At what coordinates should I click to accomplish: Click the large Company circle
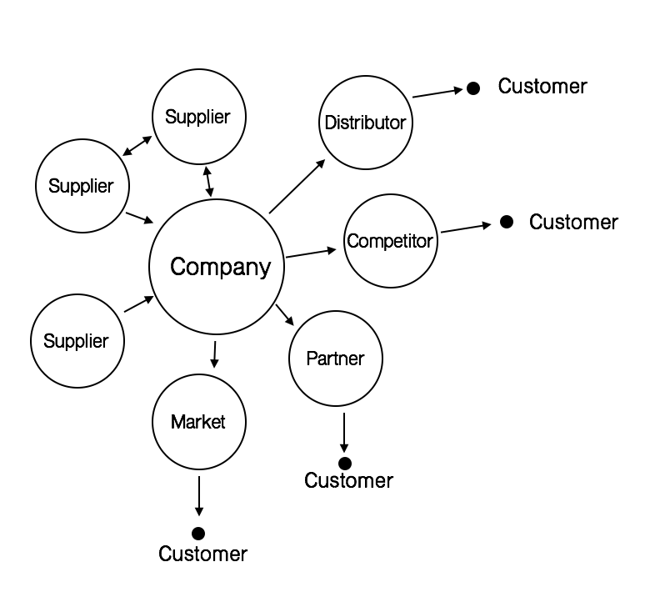(x=221, y=267)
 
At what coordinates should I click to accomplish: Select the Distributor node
(x=365, y=123)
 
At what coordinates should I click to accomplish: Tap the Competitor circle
(x=390, y=242)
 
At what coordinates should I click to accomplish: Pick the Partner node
(x=335, y=359)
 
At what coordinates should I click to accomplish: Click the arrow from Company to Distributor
(x=297, y=185)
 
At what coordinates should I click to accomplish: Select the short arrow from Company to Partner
(x=285, y=314)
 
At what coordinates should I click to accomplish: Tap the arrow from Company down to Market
(x=214, y=354)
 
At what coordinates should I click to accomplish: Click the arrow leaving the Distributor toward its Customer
(x=437, y=93)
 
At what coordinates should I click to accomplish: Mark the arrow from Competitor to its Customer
(x=466, y=228)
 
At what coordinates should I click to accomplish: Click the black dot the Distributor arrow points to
(x=473, y=88)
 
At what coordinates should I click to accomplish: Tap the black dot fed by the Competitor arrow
(x=506, y=222)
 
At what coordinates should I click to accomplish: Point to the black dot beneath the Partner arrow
(x=344, y=463)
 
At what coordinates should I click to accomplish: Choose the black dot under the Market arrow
(x=198, y=533)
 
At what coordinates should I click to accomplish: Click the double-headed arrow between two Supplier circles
(x=137, y=146)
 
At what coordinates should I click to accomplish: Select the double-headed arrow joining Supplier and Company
(x=207, y=181)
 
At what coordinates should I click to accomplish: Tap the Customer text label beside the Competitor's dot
(x=573, y=222)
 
